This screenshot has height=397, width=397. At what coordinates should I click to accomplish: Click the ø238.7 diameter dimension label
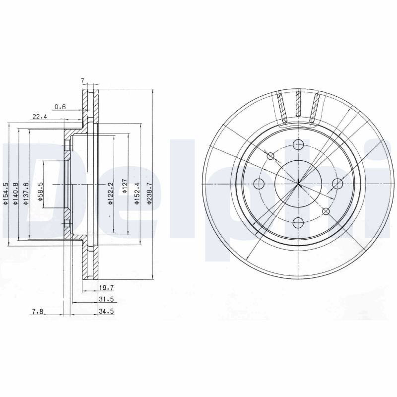pyautogui.click(x=149, y=193)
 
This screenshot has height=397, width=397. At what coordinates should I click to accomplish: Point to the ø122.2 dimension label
pyautogui.click(x=110, y=193)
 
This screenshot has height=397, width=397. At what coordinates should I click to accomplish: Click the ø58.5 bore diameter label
pyautogui.click(x=41, y=192)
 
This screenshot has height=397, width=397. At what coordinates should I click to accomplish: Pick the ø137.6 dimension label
pyautogui.click(x=25, y=193)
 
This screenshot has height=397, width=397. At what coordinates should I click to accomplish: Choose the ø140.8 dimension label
pyautogui.click(x=15, y=193)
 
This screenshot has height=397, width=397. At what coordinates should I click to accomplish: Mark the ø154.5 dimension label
pyautogui.click(x=5, y=193)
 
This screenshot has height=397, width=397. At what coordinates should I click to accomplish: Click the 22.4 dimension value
pyautogui.click(x=40, y=117)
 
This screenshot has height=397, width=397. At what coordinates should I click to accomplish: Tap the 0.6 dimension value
pyautogui.click(x=60, y=107)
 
